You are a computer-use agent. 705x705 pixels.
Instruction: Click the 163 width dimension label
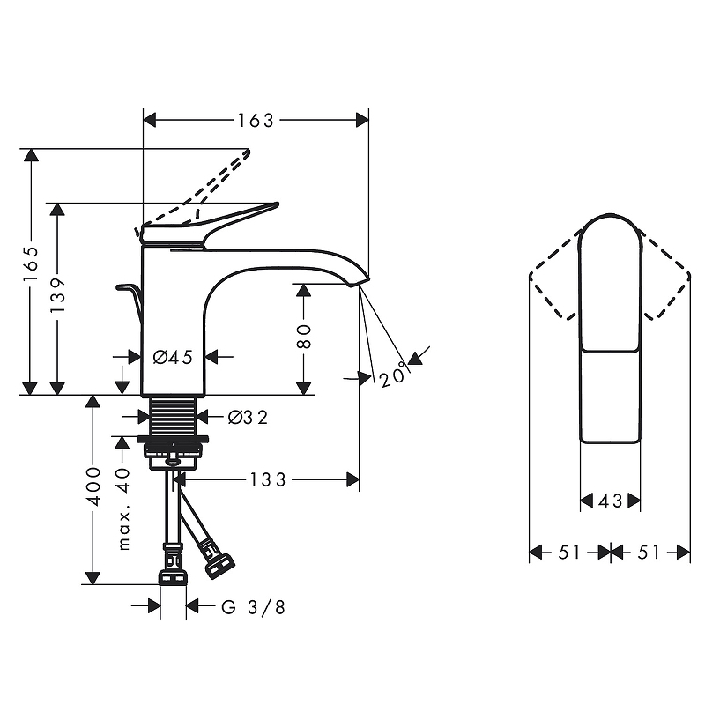[256, 120]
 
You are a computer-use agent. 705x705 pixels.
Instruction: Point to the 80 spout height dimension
[304, 337]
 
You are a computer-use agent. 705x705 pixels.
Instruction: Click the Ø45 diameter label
[173, 357]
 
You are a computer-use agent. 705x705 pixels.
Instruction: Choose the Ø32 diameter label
[248, 417]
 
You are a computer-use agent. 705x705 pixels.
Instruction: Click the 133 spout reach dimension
[268, 479]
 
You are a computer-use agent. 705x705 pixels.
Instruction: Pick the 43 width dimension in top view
[610, 501]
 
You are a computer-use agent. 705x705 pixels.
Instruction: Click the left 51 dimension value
[570, 553]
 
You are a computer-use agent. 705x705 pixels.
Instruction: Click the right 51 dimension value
[649, 553]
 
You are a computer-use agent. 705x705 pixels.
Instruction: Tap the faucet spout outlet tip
[354, 283]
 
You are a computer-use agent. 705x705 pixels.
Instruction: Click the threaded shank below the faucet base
[173, 414]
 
